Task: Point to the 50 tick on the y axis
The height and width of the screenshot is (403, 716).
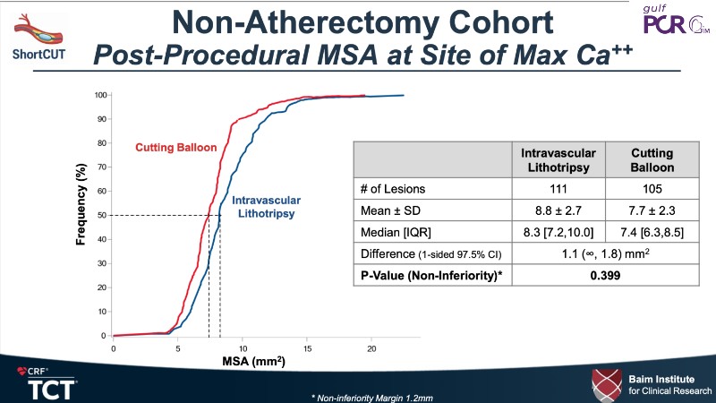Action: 102,216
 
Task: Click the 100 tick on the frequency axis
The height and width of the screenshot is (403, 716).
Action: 100,95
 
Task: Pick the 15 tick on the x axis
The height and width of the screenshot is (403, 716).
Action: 307,347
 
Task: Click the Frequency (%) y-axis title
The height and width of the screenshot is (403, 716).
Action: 81,215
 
